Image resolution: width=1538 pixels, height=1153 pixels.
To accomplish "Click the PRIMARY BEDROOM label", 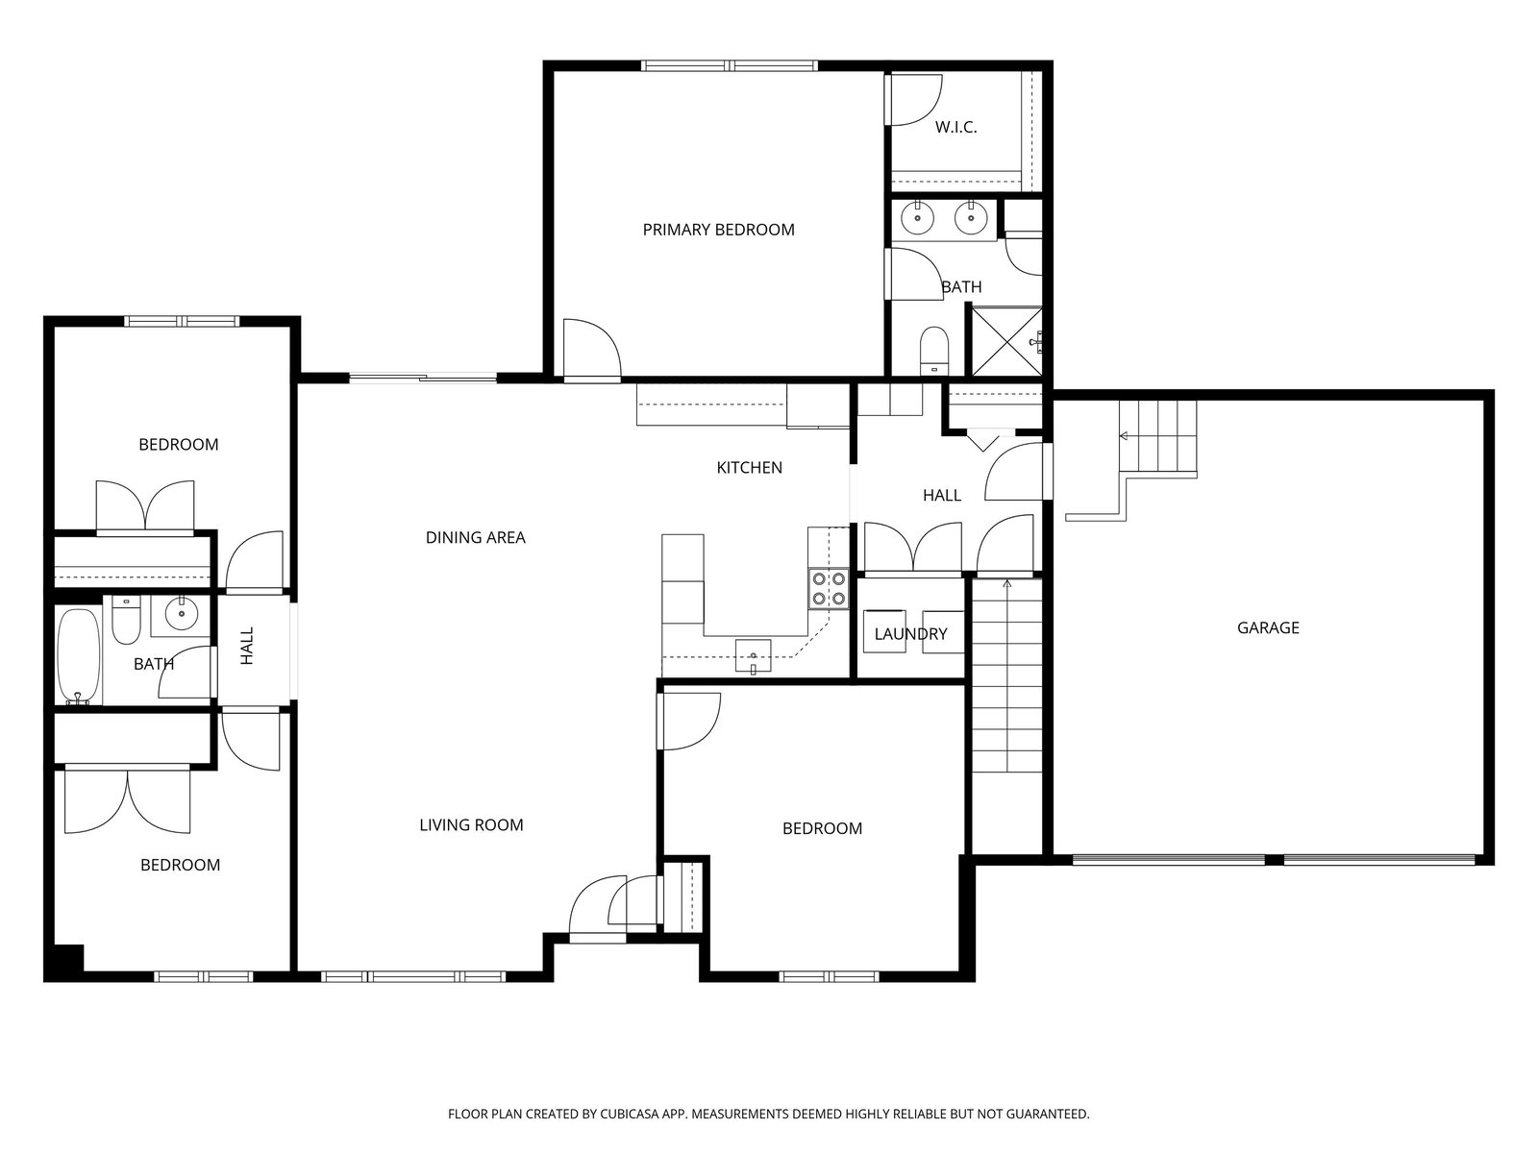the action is (x=718, y=230).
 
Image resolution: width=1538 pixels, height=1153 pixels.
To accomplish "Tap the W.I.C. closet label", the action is (x=955, y=128).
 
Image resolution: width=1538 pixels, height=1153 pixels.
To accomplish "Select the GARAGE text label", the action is (x=1268, y=627).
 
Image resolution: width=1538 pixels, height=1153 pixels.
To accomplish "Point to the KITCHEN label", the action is (x=749, y=468).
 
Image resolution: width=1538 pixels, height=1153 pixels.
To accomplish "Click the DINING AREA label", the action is (x=475, y=538).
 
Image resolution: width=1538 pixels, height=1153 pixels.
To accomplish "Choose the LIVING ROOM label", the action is (x=471, y=824).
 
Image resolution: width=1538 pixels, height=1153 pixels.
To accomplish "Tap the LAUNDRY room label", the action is (x=910, y=634).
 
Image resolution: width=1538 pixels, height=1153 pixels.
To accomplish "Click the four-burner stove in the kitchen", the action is (x=829, y=589).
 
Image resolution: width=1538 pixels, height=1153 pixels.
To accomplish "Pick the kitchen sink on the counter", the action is (x=754, y=656).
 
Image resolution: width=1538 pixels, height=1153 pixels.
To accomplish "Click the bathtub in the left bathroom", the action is (x=79, y=656).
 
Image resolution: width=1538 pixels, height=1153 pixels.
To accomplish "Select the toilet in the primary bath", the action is (x=933, y=351).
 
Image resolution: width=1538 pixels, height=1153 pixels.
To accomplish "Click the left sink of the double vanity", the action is (x=916, y=218).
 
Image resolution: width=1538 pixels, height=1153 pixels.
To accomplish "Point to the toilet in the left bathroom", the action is (x=126, y=620).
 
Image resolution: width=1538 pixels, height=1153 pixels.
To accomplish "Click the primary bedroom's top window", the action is (x=729, y=65).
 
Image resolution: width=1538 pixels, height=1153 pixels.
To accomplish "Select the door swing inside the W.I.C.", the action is (x=914, y=100).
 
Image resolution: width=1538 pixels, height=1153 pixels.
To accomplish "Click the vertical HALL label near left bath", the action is (x=247, y=646).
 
